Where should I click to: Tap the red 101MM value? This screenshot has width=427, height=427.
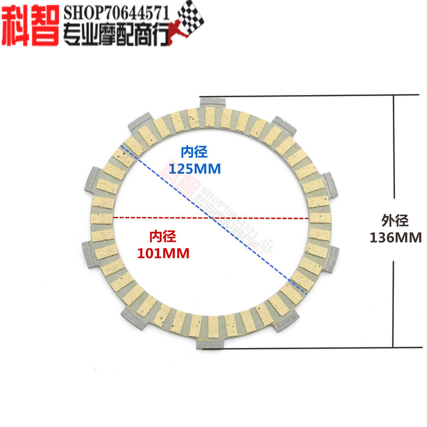pos(163,253)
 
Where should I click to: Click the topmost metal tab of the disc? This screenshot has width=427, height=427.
pos(213,101)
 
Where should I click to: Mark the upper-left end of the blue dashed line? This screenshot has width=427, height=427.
pos(122,145)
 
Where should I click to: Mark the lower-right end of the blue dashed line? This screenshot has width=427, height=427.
pos(306,292)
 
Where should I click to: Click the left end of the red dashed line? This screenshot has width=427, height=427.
pos(113,218)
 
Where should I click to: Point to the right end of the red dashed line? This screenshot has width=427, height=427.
pos(308,218)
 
